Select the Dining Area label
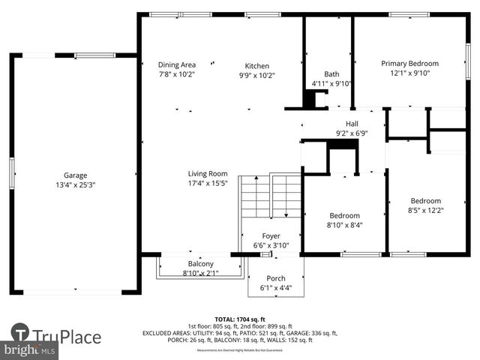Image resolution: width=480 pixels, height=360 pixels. (177, 65)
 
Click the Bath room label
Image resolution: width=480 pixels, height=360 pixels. (331, 73)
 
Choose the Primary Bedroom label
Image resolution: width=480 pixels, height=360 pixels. (409, 64)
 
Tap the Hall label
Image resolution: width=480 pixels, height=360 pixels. (352, 124)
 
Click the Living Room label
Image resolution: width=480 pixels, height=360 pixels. (208, 173)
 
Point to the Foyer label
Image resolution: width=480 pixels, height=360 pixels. (271, 235)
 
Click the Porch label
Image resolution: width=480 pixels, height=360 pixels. (276, 278)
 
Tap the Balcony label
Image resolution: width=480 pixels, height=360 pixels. (200, 263)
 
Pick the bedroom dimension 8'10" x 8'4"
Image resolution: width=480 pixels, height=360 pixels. (345, 225)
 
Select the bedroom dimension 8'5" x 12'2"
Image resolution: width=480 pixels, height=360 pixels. (425, 210)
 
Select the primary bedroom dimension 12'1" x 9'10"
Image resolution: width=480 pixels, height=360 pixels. (409, 73)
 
